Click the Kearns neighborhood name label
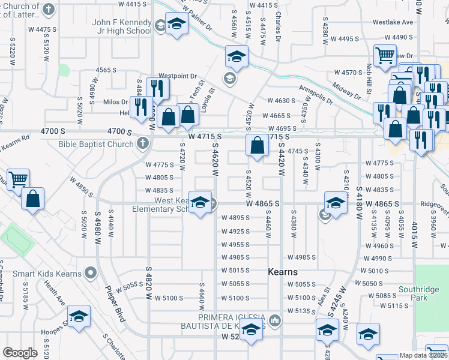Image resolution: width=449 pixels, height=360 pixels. (x=282, y=272)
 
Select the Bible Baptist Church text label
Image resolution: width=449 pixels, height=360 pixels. (x=96, y=143)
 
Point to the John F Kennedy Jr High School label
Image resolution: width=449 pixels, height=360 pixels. (x=122, y=26)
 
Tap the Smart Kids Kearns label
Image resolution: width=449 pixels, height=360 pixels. (x=46, y=274)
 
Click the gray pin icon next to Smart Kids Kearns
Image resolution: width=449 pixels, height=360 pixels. (x=91, y=274)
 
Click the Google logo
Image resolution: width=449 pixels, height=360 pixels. (x=20, y=353)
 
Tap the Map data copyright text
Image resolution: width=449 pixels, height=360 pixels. (x=424, y=355)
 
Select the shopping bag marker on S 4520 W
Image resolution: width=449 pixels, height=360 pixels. (x=257, y=145)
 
